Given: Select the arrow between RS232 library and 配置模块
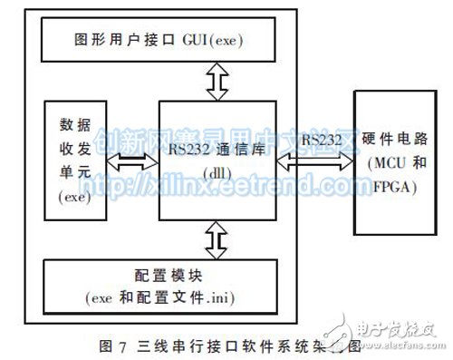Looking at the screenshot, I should point(215,241).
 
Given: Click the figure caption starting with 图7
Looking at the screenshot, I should point(208,345).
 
